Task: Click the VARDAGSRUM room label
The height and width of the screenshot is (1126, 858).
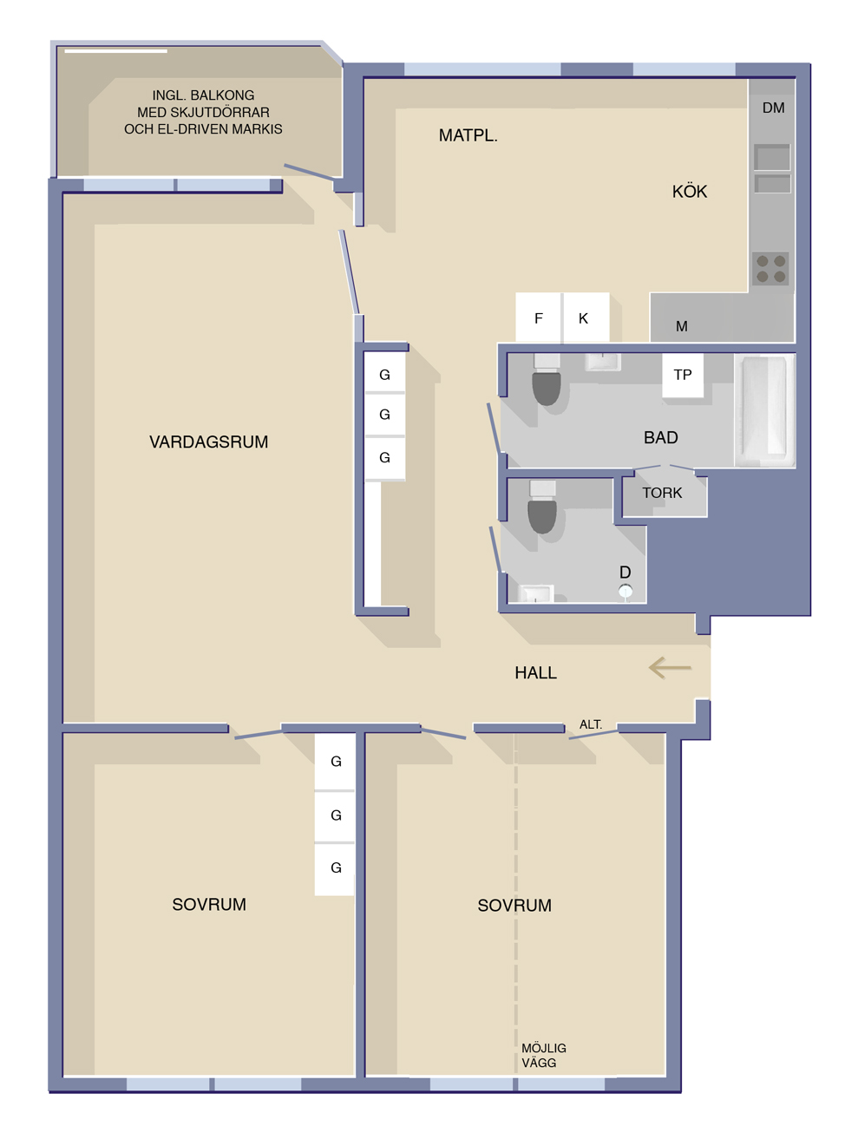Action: coord(209,442)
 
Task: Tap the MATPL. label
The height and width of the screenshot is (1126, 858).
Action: coord(468,135)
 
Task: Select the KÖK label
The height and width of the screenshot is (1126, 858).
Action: coord(690,192)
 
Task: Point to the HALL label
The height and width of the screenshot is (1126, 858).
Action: coord(535,672)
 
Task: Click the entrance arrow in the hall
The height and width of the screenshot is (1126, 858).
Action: coord(670,668)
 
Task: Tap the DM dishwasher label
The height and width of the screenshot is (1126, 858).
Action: coord(773,108)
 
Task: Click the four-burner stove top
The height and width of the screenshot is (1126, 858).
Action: coord(771,269)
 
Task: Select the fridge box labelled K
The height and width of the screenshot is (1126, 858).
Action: coord(586,317)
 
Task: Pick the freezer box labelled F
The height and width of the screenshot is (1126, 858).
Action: coord(539,317)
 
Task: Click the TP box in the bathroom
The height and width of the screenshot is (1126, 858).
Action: coord(683,375)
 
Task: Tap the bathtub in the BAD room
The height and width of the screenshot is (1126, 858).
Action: coord(764,410)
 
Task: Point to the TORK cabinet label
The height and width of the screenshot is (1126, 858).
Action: coord(662,493)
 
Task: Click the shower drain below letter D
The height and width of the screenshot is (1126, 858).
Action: coord(625,592)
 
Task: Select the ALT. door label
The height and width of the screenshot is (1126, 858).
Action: coord(590,724)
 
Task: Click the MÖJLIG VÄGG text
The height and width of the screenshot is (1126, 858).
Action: coord(544,1055)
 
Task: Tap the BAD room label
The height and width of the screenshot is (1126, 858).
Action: coord(660,437)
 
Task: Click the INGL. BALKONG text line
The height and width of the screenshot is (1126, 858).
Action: coord(203,95)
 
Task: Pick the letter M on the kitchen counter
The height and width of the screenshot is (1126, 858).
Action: coord(682,326)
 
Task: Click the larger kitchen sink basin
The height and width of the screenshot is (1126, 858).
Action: coord(772,157)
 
